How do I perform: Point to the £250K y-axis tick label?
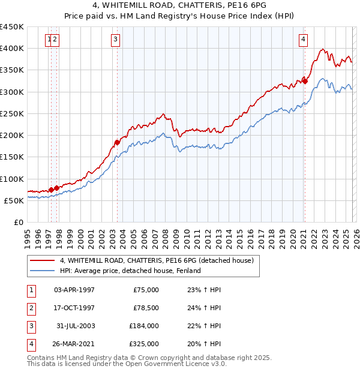pyautogui.click(x=12, y=113)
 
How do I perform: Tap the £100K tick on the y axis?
pyautogui.click(x=12, y=179)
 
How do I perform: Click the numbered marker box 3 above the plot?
pyautogui.click(x=114, y=40)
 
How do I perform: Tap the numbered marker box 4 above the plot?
pyautogui.click(x=304, y=40)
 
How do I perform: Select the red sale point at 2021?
pyautogui.click(x=305, y=81)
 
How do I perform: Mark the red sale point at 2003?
pyautogui.click(x=118, y=142)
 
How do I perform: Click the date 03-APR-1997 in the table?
pyautogui.click(x=74, y=290)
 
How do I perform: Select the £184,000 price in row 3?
pyautogui.click(x=144, y=326)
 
